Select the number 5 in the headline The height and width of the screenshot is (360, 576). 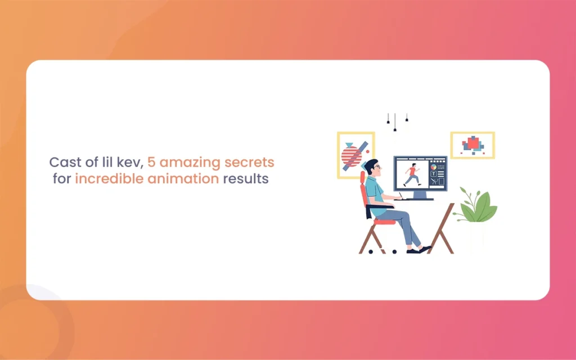point(151,162)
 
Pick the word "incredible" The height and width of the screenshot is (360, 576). point(109,178)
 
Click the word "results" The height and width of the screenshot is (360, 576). point(246,179)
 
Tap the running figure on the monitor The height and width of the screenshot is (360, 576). point(412,175)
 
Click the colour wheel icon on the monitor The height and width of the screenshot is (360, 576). point(434,166)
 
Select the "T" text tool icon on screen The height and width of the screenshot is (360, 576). point(434,174)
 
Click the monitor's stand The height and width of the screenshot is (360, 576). point(420,195)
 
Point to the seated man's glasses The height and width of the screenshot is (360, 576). point(377,167)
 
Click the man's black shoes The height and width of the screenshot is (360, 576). point(418,250)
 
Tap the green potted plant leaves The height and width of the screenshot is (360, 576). point(477,206)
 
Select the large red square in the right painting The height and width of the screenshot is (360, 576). point(473,142)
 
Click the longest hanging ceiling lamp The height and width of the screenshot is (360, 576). point(395,122)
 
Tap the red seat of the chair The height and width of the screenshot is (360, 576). point(384,222)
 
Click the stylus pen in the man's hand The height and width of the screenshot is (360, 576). point(400,195)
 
